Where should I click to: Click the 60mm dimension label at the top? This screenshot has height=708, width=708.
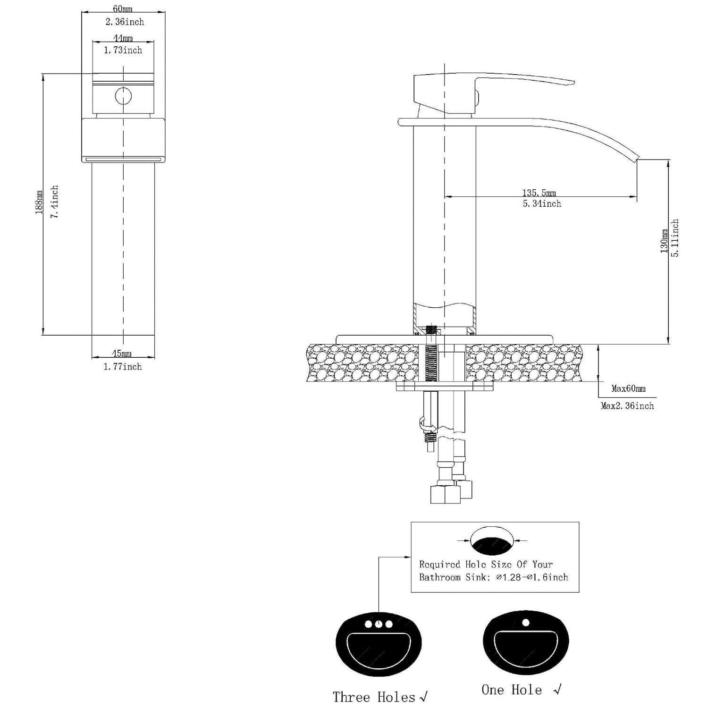(x=123, y=9)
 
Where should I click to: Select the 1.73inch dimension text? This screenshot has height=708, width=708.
(x=123, y=50)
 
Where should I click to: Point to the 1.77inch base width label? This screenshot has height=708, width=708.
(x=123, y=367)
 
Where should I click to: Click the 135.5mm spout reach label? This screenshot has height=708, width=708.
(x=539, y=193)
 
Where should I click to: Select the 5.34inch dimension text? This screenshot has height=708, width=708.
(x=541, y=204)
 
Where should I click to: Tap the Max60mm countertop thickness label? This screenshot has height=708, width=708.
(x=628, y=389)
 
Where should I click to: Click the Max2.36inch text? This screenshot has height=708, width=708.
(x=627, y=406)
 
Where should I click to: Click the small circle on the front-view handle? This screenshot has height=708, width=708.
(x=123, y=96)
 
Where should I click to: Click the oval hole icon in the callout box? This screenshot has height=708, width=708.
(x=492, y=541)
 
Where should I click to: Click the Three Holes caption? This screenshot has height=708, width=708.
(x=374, y=697)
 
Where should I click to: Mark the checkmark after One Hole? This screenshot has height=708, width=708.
(x=557, y=690)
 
